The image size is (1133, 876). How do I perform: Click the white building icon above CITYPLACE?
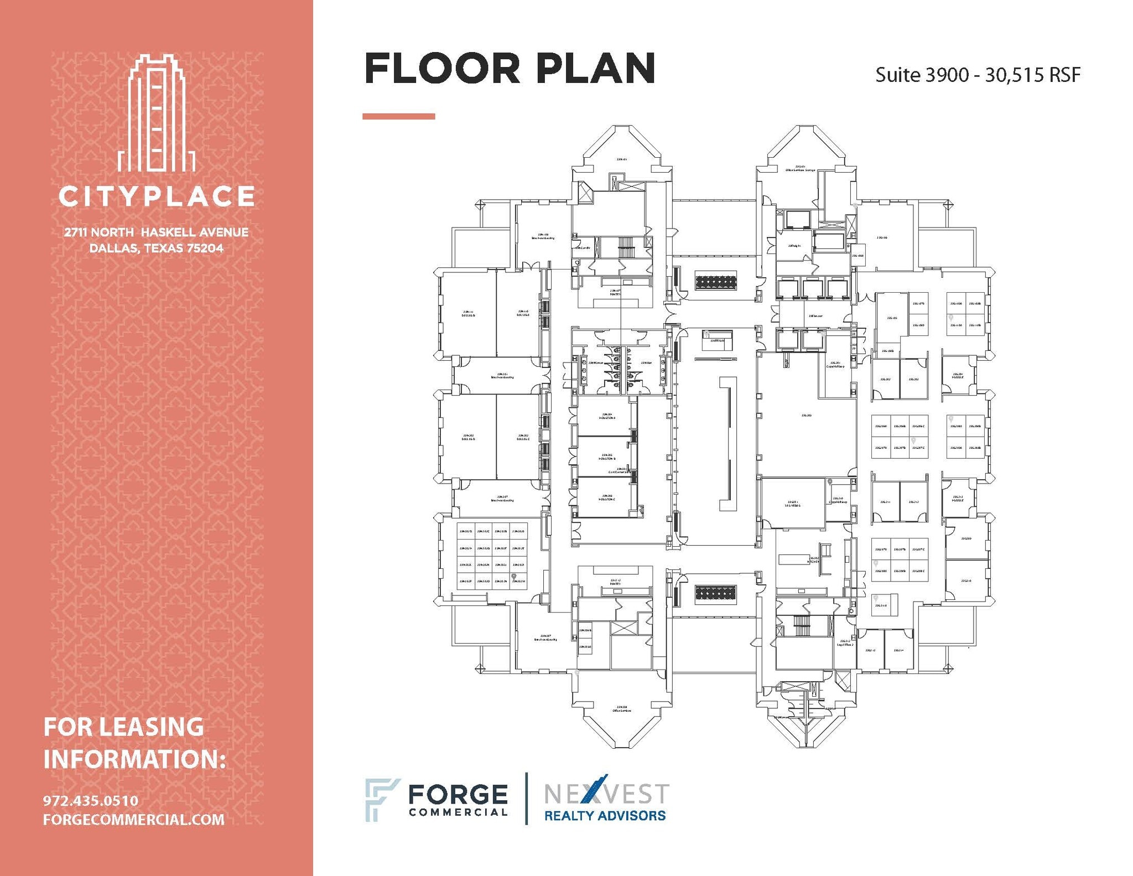(156, 113)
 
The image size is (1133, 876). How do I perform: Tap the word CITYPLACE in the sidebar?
(157, 196)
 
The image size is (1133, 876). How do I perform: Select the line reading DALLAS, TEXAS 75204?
(157, 248)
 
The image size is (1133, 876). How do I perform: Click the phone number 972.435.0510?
(91, 801)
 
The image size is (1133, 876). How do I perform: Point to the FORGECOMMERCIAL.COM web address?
(134, 820)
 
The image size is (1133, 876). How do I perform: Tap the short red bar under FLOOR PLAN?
(398, 116)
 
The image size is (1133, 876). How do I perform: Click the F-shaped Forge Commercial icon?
(381, 800)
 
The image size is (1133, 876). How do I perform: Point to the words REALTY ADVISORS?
(605, 816)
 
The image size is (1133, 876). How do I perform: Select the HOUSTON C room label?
(607, 498)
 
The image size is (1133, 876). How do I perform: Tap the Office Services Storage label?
(800, 168)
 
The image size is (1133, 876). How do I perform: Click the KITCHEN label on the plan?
(813, 560)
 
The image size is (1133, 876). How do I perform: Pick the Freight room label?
(794, 246)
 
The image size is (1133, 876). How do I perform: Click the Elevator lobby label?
(815, 316)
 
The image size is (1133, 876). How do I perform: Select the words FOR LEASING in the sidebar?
(123, 727)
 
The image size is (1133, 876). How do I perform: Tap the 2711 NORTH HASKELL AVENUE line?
(157, 232)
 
